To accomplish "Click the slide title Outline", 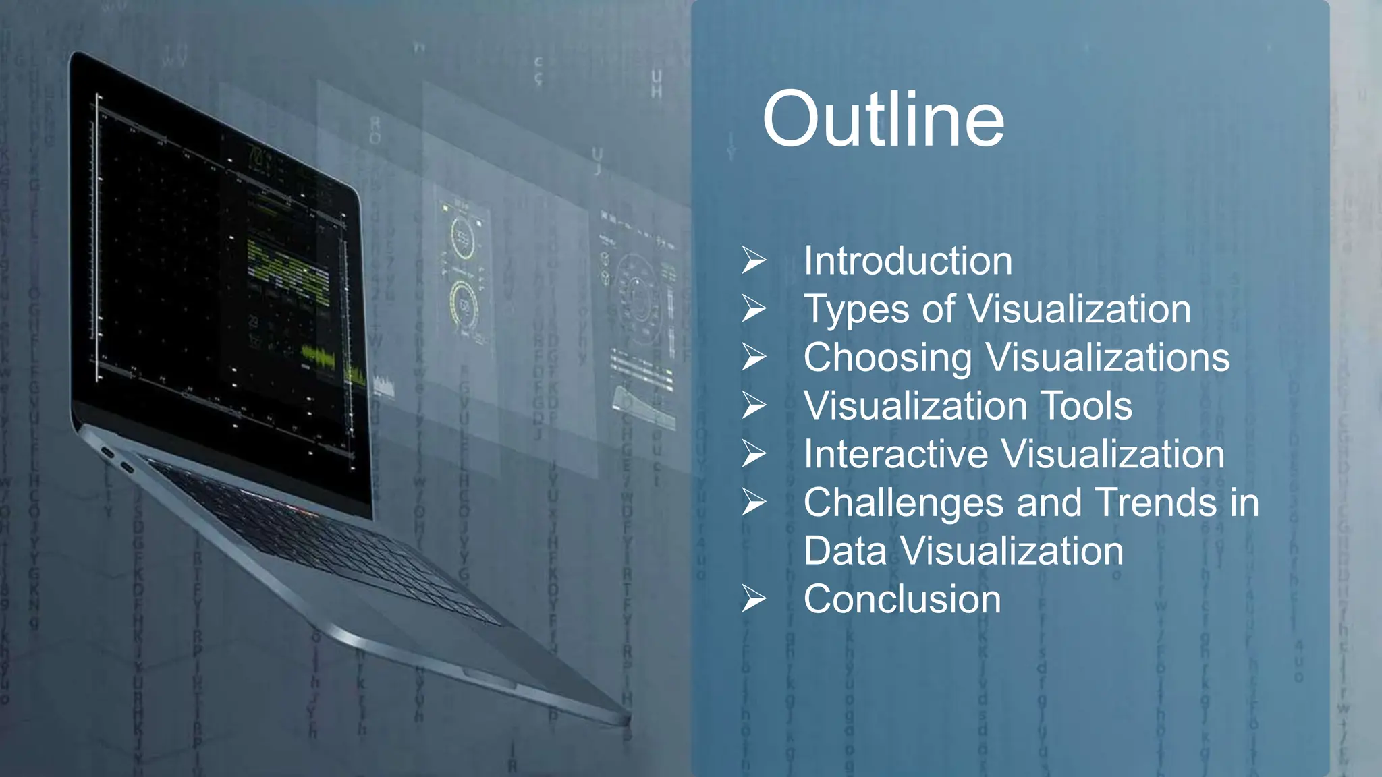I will [883, 119].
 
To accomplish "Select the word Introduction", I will [908, 261].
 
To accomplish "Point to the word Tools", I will [1086, 406].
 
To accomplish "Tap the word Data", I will [845, 551].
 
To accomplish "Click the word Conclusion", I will [902, 599].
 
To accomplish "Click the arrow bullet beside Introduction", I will [754, 260].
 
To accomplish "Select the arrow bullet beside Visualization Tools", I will [754, 405].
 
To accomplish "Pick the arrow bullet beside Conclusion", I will [754, 599].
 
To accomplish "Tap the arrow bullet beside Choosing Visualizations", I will [754, 357].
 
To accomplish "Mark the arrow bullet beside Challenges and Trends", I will [754, 502].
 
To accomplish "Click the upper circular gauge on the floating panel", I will [463, 238].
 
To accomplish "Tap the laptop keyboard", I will [324, 540].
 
